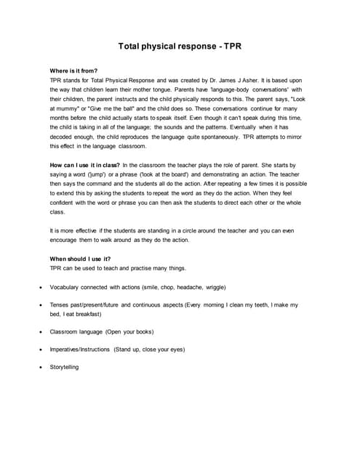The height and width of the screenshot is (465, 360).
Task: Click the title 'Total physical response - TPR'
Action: pyautogui.click(x=180, y=46)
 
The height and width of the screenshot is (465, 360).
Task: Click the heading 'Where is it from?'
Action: pyautogui.click(x=73, y=70)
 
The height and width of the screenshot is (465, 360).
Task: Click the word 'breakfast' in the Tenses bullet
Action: pyautogui.click(x=86, y=314)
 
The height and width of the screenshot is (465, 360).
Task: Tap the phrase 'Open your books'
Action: pyautogui.click(x=129, y=332)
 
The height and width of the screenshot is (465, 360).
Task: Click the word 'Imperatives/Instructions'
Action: pyautogui.click(x=79, y=349)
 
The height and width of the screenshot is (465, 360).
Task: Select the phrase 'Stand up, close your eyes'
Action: pyautogui.click(x=149, y=349)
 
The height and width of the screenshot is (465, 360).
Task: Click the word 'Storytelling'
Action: pyautogui.click(x=64, y=367)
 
